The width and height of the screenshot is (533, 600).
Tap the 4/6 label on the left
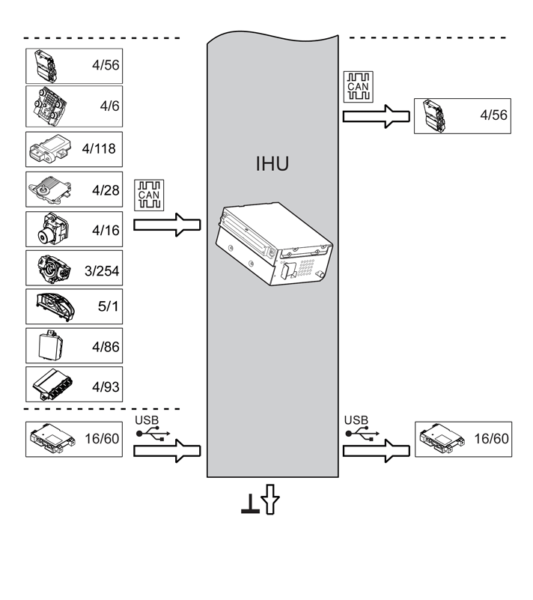tap(109, 106)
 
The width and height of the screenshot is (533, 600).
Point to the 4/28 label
tap(105, 190)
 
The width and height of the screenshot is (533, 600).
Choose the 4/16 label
tap(105, 231)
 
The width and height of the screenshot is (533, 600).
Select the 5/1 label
tap(109, 308)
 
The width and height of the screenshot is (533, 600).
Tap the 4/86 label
tap(105, 348)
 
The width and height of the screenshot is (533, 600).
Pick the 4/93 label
tap(105, 387)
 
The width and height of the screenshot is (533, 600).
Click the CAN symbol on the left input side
tap(148, 195)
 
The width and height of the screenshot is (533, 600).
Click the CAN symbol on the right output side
tap(356, 86)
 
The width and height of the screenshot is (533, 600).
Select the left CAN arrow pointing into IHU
tap(168, 225)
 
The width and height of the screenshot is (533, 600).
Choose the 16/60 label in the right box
tap(491, 437)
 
